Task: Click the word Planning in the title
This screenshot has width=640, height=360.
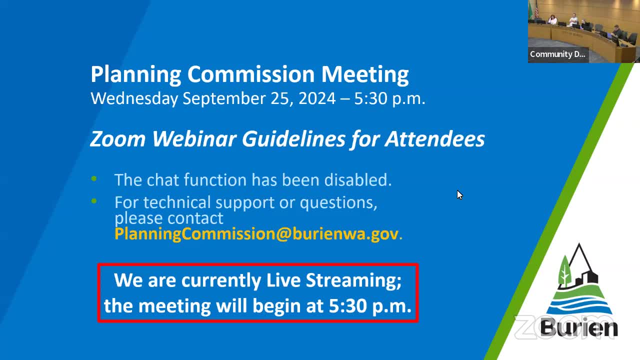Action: pos(136,75)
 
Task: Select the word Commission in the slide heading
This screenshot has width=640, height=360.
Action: pos(251,74)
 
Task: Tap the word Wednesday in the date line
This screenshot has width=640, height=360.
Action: pos(134,99)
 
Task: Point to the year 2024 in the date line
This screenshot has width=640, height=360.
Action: pos(317,98)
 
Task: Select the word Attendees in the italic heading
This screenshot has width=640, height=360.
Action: pos(435,139)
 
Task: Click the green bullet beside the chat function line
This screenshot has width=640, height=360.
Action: pos(94,179)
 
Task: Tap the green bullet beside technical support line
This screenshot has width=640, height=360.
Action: pos(94,201)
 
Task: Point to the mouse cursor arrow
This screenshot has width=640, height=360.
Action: pos(459,195)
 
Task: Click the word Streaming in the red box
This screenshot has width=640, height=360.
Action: pos(353,281)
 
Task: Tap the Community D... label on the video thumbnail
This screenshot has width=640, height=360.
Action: pos(557,54)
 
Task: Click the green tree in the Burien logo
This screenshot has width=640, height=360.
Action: pos(564,271)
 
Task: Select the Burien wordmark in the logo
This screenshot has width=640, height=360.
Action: pos(579,328)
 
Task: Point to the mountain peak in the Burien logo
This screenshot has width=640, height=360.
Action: pos(579,245)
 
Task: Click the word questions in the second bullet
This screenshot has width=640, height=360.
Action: pos(338,203)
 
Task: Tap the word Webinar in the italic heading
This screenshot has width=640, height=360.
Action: pos(194,139)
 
